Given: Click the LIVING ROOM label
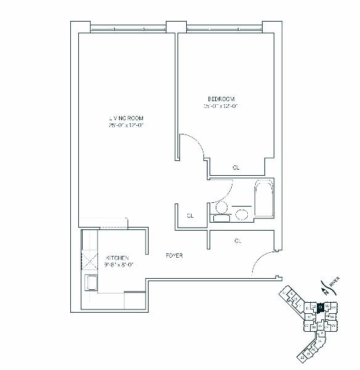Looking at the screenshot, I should (126, 118).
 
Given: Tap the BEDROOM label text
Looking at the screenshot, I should (221, 99).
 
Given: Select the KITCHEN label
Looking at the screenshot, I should (117, 257).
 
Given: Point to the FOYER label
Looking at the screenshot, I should (174, 255).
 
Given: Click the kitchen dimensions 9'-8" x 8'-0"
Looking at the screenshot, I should (119, 264).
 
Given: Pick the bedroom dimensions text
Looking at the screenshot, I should (221, 106).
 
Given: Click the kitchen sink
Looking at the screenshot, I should (90, 283).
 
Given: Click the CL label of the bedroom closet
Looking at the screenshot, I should (236, 167).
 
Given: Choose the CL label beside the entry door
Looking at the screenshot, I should (237, 240).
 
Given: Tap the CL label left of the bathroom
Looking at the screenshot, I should (190, 216).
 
